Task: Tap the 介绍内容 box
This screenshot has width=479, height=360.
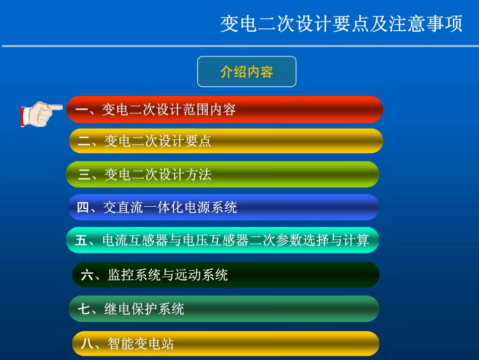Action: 247,72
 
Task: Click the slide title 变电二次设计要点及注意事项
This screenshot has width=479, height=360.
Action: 341,24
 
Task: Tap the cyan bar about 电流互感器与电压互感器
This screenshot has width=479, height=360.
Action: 222,240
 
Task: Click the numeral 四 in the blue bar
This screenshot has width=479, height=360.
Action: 83,207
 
